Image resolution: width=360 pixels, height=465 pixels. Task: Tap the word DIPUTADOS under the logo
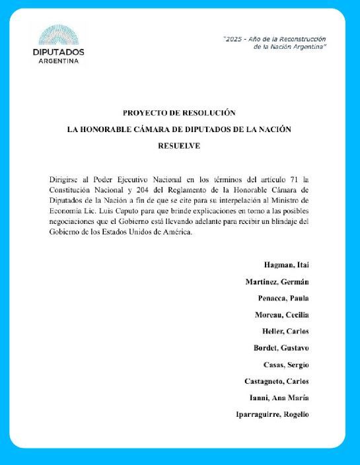[x=58, y=52]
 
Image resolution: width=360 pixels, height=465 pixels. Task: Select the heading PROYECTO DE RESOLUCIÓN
[x=179, y=114]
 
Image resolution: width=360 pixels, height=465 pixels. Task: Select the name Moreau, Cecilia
[x=282, y=315]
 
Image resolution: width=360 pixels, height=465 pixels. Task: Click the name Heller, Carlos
[x=286, y=332]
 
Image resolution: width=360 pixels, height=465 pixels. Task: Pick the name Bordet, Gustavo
[x=281, y=348]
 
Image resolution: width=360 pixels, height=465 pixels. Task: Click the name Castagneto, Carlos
[x=277, y=381]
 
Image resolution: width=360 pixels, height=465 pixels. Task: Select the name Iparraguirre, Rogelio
[x=272, y=414]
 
